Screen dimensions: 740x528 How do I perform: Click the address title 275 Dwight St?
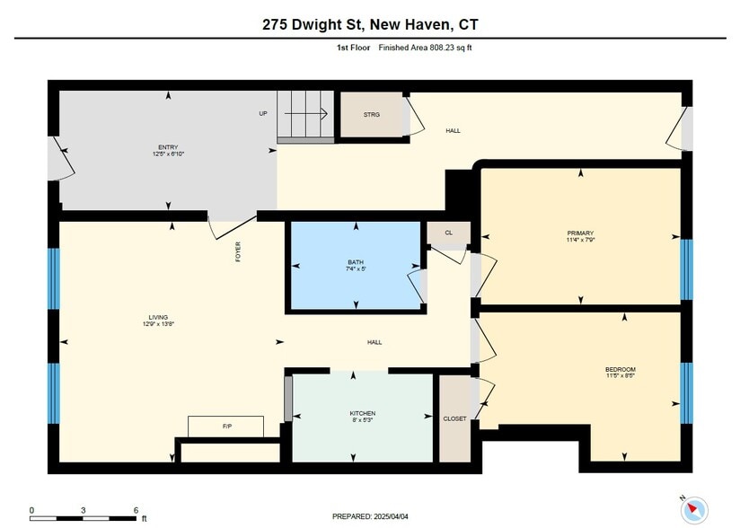coord(313,24)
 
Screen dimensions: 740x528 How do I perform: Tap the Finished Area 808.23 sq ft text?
coord(425,48)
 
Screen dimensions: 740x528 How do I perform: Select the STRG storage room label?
coord(372,115)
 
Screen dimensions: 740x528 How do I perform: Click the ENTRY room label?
coord(168,147)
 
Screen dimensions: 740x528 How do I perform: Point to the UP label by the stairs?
coord(263,113)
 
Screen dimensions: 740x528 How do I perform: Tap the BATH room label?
coord(356,262)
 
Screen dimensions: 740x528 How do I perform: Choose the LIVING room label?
coord(159,318)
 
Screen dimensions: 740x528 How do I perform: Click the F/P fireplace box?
coord(225,427)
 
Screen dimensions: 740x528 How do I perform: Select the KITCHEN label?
coord(363,413)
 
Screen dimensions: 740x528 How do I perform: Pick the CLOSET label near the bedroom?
coord(455,418)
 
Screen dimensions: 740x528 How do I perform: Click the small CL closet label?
coord(449,233)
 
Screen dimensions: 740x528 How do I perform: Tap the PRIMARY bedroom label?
coord(580,233)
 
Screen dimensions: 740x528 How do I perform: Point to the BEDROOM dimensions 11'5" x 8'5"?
coord(621,375)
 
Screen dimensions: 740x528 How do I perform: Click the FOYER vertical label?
coord(238,252)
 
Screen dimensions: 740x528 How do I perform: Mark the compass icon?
coord(694,510)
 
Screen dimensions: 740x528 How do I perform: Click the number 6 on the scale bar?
coord(136,510)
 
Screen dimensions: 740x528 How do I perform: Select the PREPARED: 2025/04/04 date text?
coord(370,516)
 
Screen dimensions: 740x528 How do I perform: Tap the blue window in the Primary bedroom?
coord(687,269)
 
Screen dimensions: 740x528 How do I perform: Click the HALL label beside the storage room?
coord(453,131)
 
